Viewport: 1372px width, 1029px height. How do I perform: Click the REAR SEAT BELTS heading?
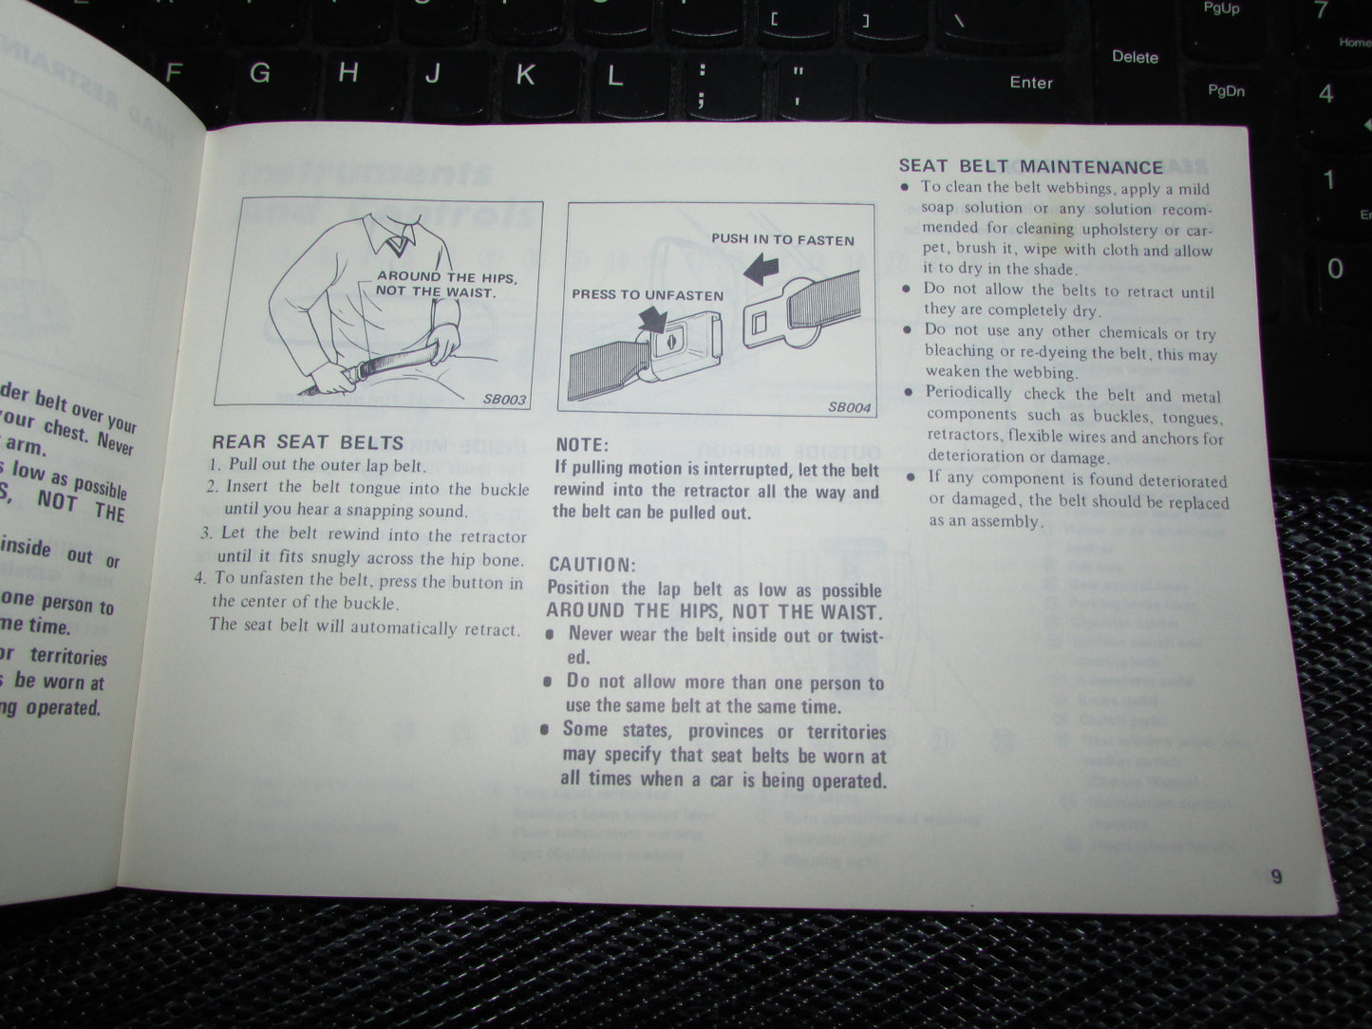(307, 442)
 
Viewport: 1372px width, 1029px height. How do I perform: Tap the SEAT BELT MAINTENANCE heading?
(1030, 167)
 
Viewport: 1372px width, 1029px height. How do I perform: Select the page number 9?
(1276, 876)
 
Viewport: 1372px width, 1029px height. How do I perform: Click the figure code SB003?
(504, 399)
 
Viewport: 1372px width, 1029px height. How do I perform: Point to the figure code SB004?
(849, 407)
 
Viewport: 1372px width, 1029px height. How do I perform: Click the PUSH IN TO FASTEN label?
(782, 240)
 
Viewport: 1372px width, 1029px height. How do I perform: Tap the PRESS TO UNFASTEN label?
(648, 295)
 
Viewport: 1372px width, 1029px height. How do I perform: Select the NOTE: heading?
(582, 444)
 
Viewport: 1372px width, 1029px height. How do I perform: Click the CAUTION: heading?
(592, 564)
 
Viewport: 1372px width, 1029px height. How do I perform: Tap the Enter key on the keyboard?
(1030, 83)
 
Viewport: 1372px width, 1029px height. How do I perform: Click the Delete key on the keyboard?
(1135, 57)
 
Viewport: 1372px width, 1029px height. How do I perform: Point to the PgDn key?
(1226, 90)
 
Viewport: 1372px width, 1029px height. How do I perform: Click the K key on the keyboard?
(524, 75)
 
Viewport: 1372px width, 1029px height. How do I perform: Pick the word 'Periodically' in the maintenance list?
(968, 393)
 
